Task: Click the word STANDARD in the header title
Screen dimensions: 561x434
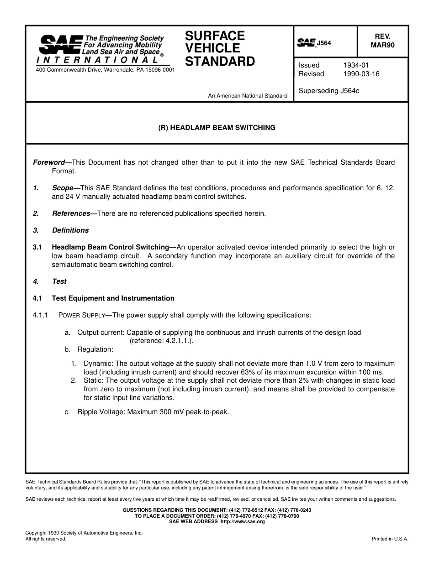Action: [x=220, y=62]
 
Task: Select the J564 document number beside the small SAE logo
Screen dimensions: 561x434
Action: [x=324, y=43]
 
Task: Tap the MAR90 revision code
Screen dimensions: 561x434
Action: [x=382, y=45]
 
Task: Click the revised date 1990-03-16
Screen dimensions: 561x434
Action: [x=361, y=74]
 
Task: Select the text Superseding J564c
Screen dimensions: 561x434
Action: [x=328, y=91]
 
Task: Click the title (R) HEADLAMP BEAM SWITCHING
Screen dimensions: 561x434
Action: [x=217, y=128]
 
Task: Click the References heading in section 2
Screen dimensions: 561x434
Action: [x=70, y=213]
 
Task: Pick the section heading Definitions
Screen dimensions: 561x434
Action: [x=70, y=230]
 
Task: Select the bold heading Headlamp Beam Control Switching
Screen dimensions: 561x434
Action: [x=110, y=247]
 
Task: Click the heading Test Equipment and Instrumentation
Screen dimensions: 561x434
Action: [x=113, y=298]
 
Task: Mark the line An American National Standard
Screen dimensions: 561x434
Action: [x=248, y=96]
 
